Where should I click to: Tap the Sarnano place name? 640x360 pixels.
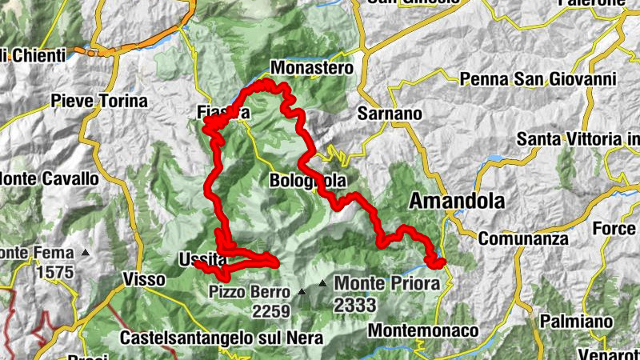click(390, 114)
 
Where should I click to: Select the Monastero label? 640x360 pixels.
click(312, 69)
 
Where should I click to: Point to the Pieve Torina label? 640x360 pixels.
click(99, 102)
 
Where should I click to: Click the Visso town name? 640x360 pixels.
click(144, 279)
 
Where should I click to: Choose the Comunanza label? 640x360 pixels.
click(523, 238)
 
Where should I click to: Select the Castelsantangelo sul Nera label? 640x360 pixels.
click(222, 338)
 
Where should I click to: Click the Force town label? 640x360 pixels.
click(614, 229)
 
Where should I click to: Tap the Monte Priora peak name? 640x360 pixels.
click(387, 283)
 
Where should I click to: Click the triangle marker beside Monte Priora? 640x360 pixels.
click(322, 283)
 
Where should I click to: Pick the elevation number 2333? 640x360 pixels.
click(355, 305)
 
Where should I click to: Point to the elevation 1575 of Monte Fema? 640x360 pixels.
click(54, 272)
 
